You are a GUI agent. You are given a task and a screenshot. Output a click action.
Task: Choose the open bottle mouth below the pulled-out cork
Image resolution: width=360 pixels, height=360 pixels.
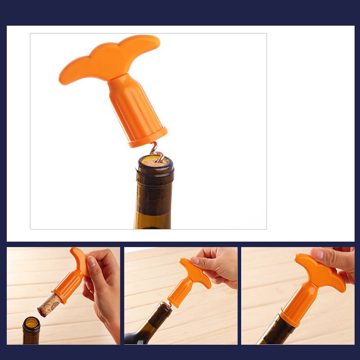(x=31, y=323)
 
